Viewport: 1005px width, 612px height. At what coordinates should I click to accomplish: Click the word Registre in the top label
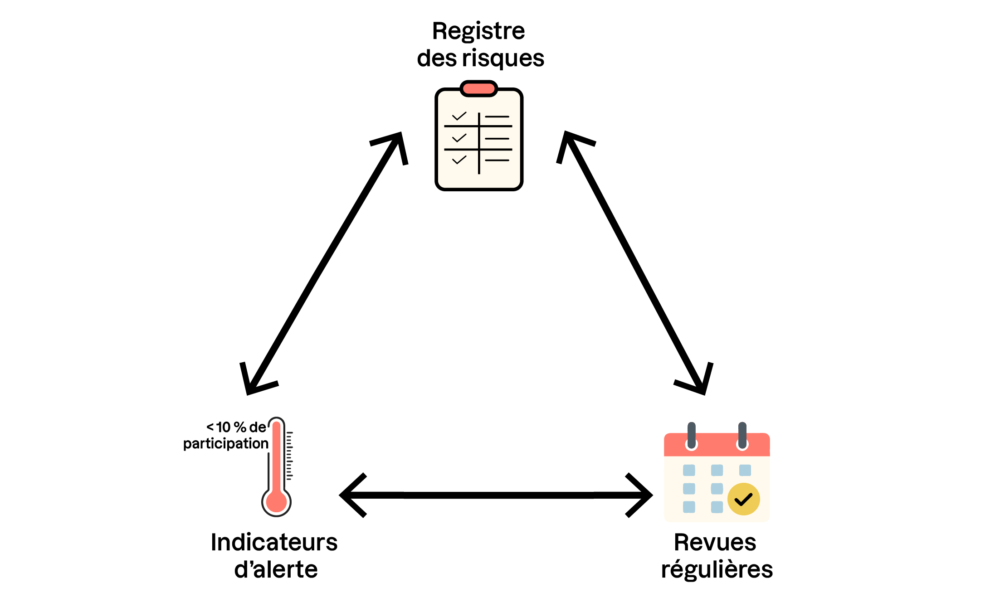pos(478,32)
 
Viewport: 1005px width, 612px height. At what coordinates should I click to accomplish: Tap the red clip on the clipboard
pos(479,88)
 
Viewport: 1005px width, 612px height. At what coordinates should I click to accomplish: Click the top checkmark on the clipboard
pos(459,116)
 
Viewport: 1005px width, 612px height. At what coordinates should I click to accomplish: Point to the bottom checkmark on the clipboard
pos(459,160)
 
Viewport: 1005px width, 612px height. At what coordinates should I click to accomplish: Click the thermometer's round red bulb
pos(276,502)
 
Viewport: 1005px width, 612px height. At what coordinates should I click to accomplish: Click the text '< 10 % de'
pos(236,427)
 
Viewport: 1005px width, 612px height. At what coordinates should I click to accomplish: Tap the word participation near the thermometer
pos(225,443)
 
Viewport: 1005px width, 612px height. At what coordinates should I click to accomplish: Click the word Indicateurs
pos(274,543)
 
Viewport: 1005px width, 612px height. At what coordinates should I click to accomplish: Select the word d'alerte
pos(276,570)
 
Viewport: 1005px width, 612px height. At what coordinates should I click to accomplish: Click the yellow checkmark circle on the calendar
pos(743,499)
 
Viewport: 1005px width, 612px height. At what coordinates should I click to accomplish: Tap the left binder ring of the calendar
pos(691,436)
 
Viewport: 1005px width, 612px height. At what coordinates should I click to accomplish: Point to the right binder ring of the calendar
pos(742,436)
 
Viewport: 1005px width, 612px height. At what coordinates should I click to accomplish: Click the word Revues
pos(715,543)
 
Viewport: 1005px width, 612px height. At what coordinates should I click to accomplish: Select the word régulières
pos(717,570)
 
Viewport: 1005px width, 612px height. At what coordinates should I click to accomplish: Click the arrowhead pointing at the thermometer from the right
pos(351,495)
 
